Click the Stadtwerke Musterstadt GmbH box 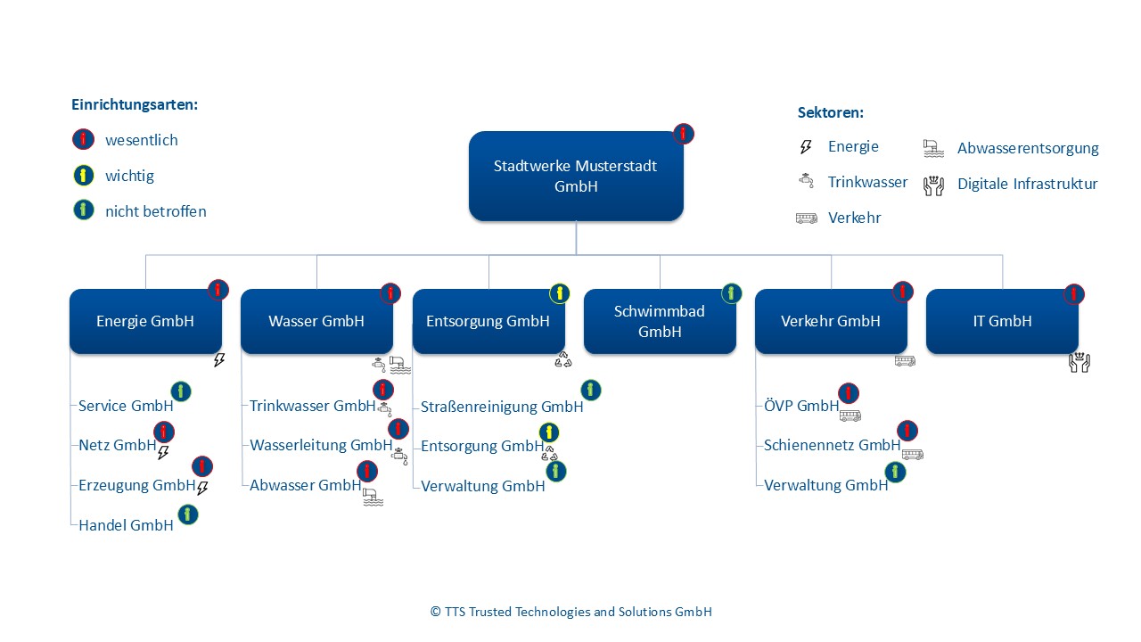tap(576, 176)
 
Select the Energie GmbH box tap(145, 321)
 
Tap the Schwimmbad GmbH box tap(660, 321)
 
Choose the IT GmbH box tap(1002, 321)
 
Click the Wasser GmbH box tap(316, 321)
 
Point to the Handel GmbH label tap(126, 525)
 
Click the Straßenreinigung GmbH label tap(502, 407)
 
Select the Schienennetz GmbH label tap(832, 445)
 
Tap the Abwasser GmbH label tap(305, 485)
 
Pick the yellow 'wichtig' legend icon tap(83, 176)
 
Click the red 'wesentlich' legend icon tap(83, 140)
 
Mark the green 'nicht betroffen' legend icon tap(83, 211)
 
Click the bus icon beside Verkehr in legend tap(806, 218)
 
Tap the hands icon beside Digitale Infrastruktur tap(933, 185)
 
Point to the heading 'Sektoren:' tap(831, 113)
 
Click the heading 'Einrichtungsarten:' tap(135, 104)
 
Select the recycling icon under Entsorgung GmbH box tap(562, 359)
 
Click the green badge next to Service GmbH tap(181, 391)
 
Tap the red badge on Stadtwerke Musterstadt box tap(684, 134)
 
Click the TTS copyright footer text tap(570, 612)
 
